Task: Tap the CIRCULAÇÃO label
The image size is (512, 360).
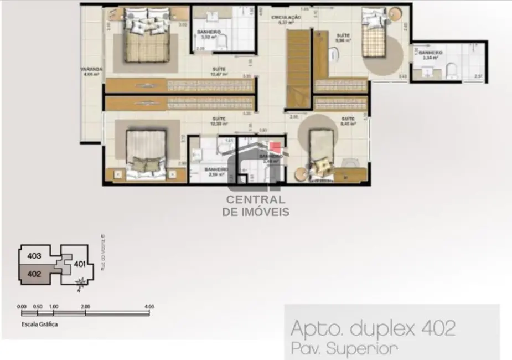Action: point(286,19)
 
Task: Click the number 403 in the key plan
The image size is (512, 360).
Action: point(34,256)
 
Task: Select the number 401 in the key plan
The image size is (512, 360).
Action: point(80,264)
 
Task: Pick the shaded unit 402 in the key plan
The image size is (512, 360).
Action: point(35,273)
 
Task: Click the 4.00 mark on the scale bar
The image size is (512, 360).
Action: point(148,306)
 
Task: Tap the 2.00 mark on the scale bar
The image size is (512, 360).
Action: point(85,306)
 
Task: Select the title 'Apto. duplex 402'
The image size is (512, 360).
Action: point(373,328)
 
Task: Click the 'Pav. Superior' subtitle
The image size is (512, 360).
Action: point(343,348)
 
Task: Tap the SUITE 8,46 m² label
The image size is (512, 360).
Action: point(348,121)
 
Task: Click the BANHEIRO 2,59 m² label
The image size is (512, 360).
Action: point(216,172)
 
